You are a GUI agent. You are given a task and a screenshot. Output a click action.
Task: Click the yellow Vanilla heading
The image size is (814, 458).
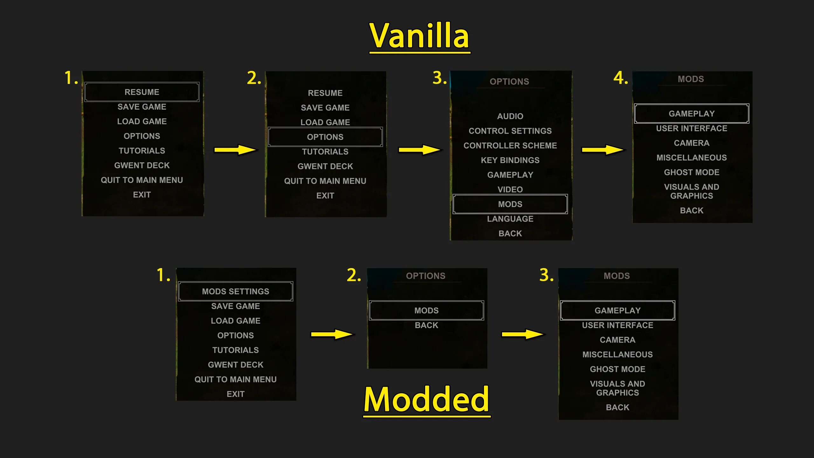[x=419, y=36]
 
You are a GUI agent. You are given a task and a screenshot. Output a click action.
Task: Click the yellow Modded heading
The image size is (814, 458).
[x=426, y=399]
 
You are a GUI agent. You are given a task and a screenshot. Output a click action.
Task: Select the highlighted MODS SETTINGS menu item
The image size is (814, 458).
[x=235, y=291]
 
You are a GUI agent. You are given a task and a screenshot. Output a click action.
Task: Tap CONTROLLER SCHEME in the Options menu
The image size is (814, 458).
[x=510, y=146]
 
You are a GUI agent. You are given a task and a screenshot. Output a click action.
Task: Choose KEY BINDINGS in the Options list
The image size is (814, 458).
[x=510, y=160]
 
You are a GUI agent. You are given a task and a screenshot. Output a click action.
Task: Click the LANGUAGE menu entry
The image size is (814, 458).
[x=510, y=219]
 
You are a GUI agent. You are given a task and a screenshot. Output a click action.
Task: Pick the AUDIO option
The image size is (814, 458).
[x=510, y=116]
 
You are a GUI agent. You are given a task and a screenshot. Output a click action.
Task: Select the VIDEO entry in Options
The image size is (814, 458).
[x=510, y=190]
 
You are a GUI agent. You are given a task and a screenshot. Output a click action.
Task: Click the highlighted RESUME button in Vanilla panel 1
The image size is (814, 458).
[x=142, y=92]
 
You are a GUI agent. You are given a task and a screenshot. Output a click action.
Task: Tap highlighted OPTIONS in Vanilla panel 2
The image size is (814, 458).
[x=325, y=137]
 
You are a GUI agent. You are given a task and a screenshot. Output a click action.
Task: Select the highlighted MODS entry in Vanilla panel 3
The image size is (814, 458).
[x=510, y=204]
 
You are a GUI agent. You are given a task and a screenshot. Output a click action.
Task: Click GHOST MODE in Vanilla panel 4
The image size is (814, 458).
[x=692, y=172]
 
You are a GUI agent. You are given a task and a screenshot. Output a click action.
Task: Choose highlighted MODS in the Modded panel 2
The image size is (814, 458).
[x=426, y=310]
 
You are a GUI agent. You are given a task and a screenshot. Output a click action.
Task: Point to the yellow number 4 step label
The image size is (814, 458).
[x=620, y=78]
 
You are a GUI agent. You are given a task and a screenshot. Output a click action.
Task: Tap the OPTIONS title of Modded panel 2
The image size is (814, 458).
[x=425, y=276]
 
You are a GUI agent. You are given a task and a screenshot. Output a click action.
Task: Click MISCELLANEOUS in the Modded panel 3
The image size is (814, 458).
[x=617, y=355]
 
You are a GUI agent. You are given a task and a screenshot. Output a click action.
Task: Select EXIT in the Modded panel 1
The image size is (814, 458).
[x=235, y=394]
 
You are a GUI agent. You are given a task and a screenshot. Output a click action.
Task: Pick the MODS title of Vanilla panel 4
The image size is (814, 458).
[x=691, y=79]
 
